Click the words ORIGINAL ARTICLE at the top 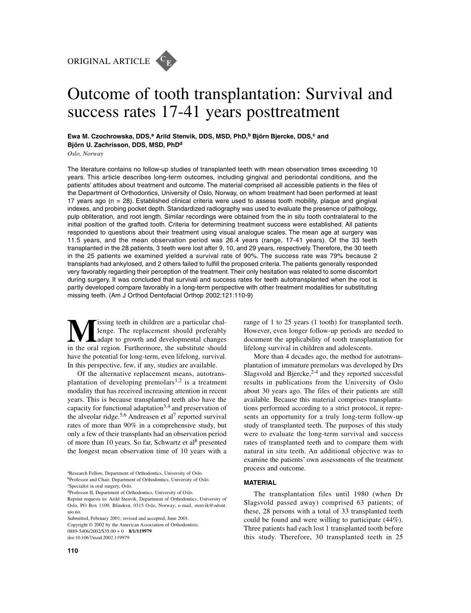(x=108, y=61)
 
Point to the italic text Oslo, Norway (x=85, y=154)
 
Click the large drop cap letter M (x=81, y=330)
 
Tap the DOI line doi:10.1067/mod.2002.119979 (x=98, y=538)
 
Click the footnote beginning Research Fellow (x=135, y=474)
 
